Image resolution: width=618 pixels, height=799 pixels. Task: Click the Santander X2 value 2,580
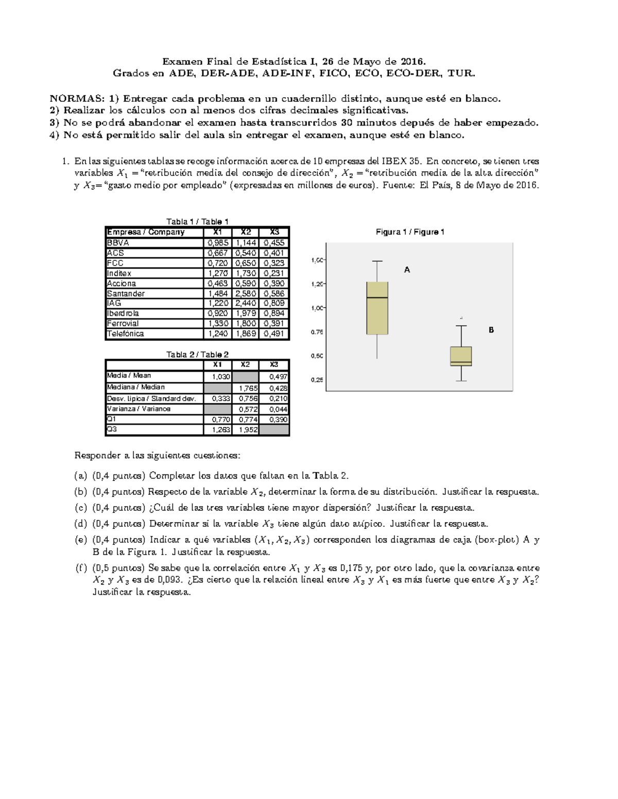(x=246, y=293)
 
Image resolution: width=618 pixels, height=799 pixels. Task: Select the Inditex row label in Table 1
(x=119, y=273)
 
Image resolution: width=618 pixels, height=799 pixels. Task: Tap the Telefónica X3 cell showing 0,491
(x=274, y=333)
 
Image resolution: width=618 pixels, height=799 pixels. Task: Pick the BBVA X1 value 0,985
(x=218, y=243)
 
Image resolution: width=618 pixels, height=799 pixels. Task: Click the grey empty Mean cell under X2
(x=245, y=377)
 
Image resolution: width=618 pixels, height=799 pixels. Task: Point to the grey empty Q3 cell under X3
(x=274, y=430)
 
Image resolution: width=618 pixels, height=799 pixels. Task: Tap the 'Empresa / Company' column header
(x=146, y=232)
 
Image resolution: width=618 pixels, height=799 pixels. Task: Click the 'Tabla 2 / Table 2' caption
(x=197, y=354)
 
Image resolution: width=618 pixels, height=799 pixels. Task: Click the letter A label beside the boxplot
(x=407, y=270)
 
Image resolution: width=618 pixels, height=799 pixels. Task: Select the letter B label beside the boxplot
(x=491, y=330)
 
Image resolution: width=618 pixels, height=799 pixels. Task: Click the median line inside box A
(x=377, y=297)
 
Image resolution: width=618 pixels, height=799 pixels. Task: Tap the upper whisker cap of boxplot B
(x=461, y=326)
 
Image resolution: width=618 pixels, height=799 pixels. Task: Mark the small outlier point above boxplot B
(x=461, y=318)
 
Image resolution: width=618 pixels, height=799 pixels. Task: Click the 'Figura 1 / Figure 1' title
(x=410, y=232)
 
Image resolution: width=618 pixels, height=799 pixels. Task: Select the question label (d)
(x=81, y=524)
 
